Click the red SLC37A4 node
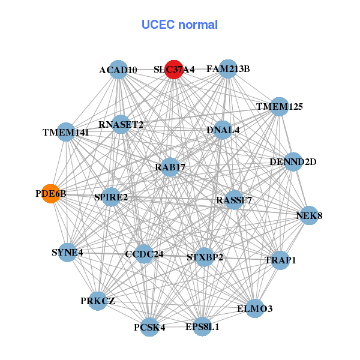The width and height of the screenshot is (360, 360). coord(173,69)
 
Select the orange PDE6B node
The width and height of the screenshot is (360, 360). coord(51,194)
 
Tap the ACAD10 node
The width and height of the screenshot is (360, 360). coord(119,70)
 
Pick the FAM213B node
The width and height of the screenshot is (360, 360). coord(228,68)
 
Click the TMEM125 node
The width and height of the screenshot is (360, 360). coord(279,107)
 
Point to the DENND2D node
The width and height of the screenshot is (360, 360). coord(293,161)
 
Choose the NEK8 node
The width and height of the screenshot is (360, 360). coord(308,215)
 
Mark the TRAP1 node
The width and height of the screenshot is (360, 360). coord(280,260)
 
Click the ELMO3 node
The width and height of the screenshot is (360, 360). coord(254,308)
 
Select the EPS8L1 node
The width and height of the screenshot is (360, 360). coord(202,327)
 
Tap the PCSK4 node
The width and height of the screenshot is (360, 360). coord(149,327)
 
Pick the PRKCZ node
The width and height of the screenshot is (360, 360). coord(98,300)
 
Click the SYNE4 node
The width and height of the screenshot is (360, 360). coord(67,253)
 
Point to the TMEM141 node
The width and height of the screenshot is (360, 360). coord(65,132)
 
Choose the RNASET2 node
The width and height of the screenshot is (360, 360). coord(121,125)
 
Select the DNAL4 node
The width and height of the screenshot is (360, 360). coord(223,130)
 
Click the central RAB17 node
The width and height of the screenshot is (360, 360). coord(170,167)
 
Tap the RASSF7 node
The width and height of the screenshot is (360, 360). coord(233,200)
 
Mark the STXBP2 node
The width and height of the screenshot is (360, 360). coord(205,257)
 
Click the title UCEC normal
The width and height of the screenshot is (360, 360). coord(179,25)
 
